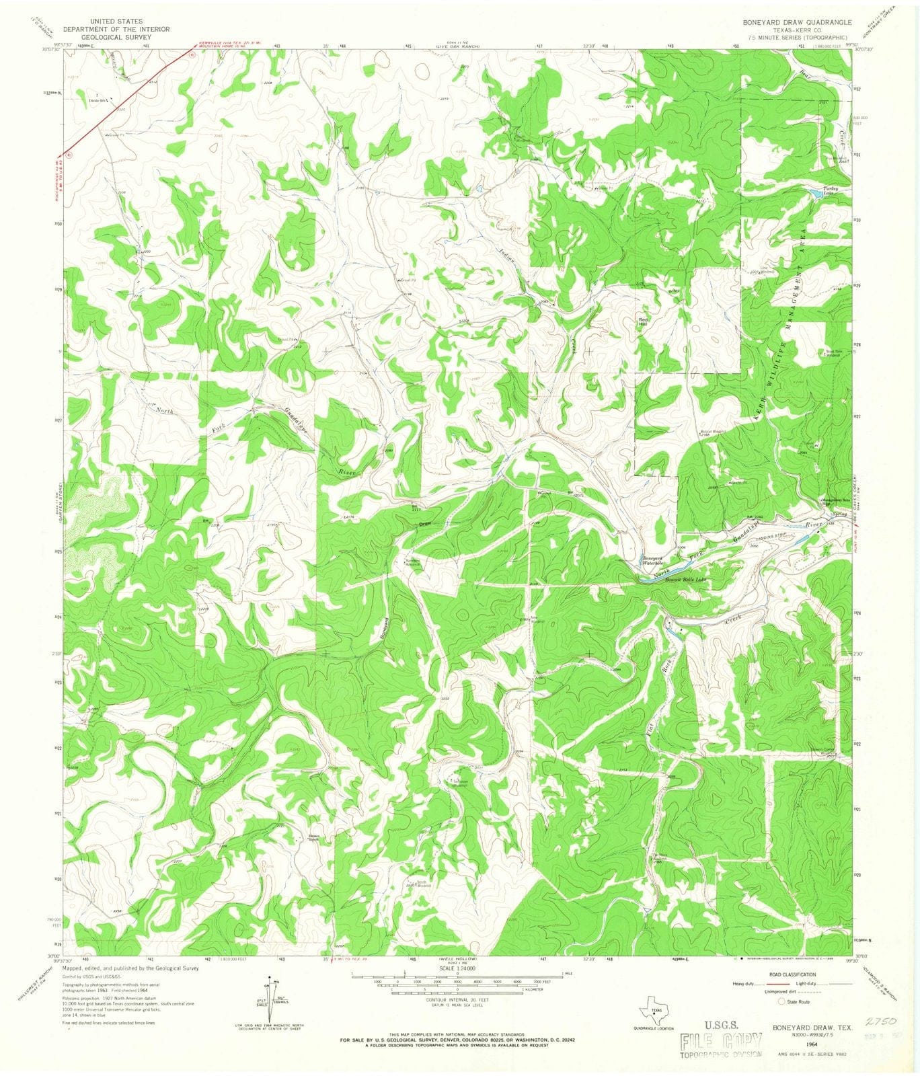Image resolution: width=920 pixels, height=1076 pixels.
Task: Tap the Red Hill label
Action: coord(642,322)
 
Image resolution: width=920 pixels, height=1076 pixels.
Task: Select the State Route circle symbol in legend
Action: coord(782,1001)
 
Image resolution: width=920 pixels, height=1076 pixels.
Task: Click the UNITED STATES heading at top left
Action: coord(107,21)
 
